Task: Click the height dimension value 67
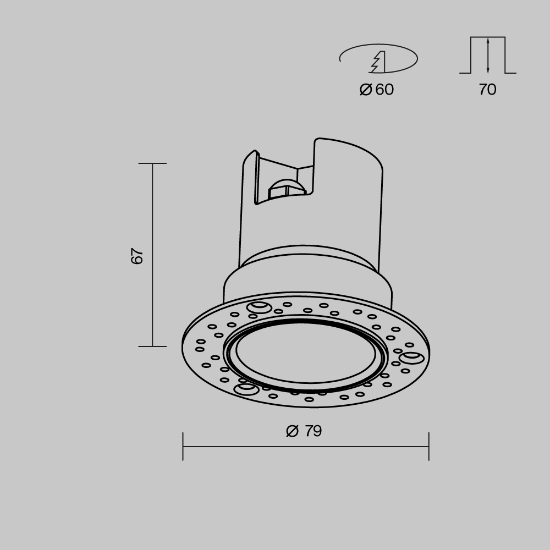point(137,256)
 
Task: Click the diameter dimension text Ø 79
point(304,431)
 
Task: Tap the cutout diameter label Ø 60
point(377,89)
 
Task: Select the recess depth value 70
point(487,90)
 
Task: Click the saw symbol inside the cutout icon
point(378,62)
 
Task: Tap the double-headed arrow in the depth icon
point(488,55)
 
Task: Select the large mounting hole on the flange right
point(412,359)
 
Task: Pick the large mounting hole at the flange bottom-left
point(246,389)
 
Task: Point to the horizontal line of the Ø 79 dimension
point(306,446)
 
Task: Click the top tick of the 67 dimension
point(152,163)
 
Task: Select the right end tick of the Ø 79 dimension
point(428,446)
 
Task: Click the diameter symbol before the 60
point(366,89)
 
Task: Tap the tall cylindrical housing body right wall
point(380,220)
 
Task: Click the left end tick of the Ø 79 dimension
point(183,446)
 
